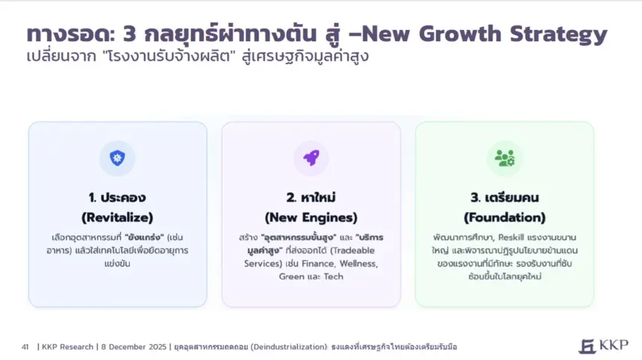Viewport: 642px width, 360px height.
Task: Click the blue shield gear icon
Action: pyautogui.click(x=117, y=158)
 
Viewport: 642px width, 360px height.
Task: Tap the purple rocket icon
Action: pyautogui.click(x=311, y=158)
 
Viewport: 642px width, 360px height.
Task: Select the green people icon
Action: pyautogui.click(x=505, y=158)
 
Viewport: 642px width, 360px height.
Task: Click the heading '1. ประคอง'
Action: pyautogui.click(x=117, y=198)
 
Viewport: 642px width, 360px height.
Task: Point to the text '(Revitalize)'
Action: pyautogui.click(x=117, y=217)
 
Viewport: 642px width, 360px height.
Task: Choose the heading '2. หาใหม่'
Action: pyautogui.click(x=311, y=198)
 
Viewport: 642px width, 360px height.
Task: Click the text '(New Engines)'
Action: pyautogui.click(x=311, y=217)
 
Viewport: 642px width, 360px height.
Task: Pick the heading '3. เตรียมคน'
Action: pyautogui.click(x=505, y=198)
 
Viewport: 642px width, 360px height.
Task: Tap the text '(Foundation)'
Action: pyautogui.click(x=505, y=217)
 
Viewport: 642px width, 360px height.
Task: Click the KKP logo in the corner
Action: pyautogui.click(x=603, y=346)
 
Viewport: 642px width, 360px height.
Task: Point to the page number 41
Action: pyautogui.click(x=25, y=347)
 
